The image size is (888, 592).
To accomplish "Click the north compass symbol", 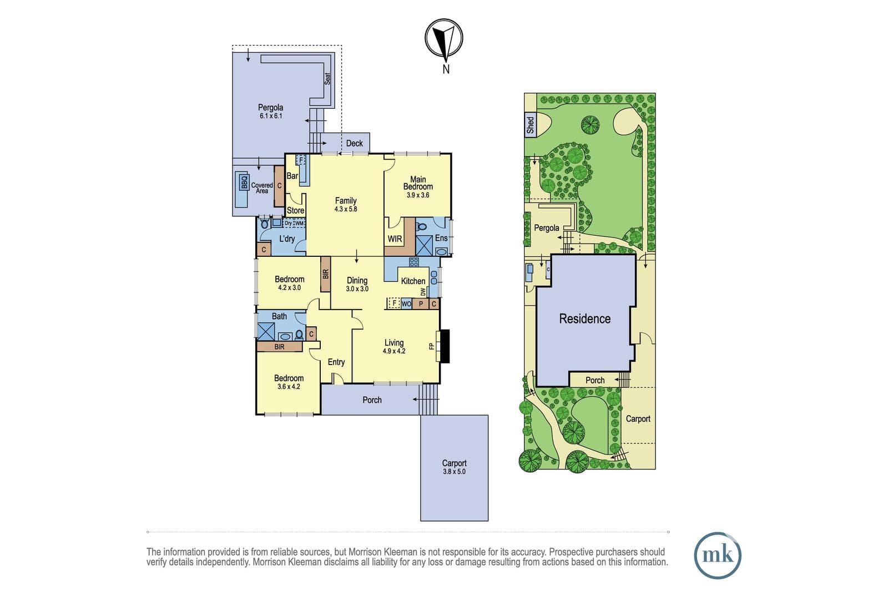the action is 444,38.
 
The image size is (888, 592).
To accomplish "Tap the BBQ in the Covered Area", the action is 244,182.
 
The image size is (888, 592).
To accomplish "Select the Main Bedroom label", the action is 418,183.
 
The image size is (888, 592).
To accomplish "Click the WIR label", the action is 395,239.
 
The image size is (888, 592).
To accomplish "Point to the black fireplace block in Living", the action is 445,346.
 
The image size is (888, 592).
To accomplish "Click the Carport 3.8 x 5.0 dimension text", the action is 455,472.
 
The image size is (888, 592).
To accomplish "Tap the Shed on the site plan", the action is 531,125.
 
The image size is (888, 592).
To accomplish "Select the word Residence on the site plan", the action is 585,318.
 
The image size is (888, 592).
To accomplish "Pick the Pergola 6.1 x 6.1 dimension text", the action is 271,116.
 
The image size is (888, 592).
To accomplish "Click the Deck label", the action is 355,144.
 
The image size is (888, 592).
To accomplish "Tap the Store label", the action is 295,210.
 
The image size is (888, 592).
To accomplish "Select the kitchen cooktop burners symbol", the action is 414,262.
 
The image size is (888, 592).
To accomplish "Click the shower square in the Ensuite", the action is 425,246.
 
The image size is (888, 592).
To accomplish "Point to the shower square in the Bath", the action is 266,332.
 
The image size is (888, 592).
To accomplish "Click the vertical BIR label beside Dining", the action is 325,274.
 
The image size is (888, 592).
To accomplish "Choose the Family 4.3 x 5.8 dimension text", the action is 346,209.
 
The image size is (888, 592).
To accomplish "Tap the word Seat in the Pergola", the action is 327,78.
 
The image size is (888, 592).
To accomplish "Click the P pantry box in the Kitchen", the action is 421,304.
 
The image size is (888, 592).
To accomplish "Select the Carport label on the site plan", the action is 638,419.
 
